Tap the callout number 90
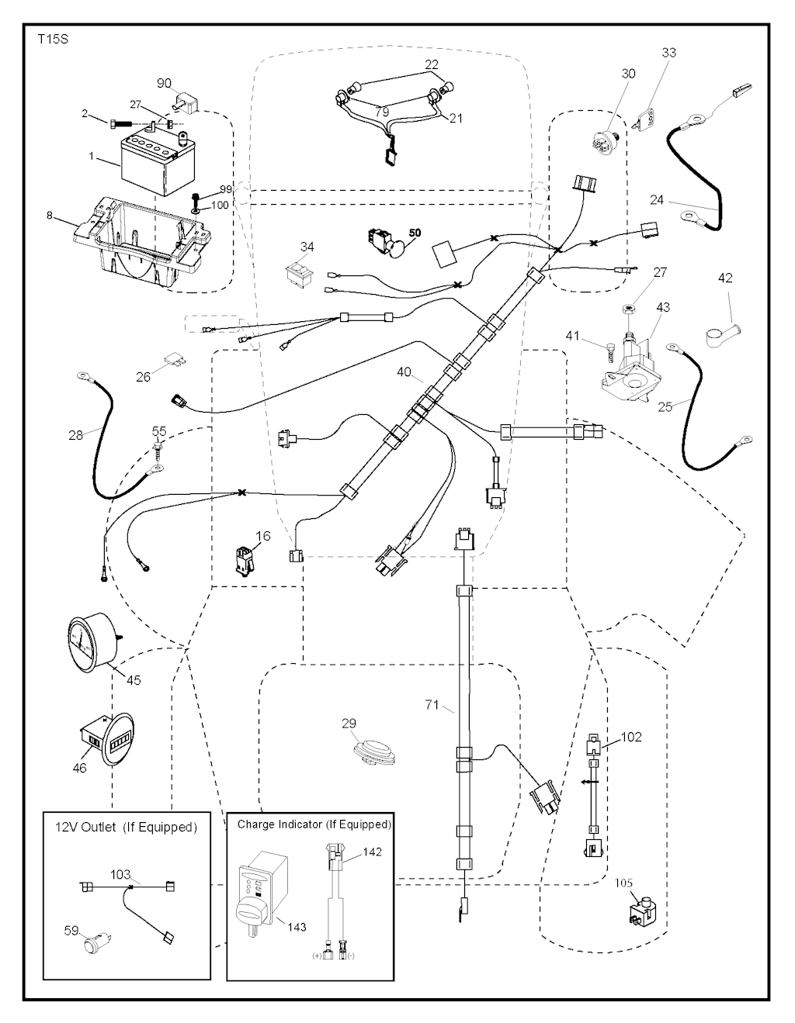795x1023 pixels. point(164,84)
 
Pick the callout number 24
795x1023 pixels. point(657,199)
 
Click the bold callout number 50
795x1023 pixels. point(415,233)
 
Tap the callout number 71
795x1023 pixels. point(432,705)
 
